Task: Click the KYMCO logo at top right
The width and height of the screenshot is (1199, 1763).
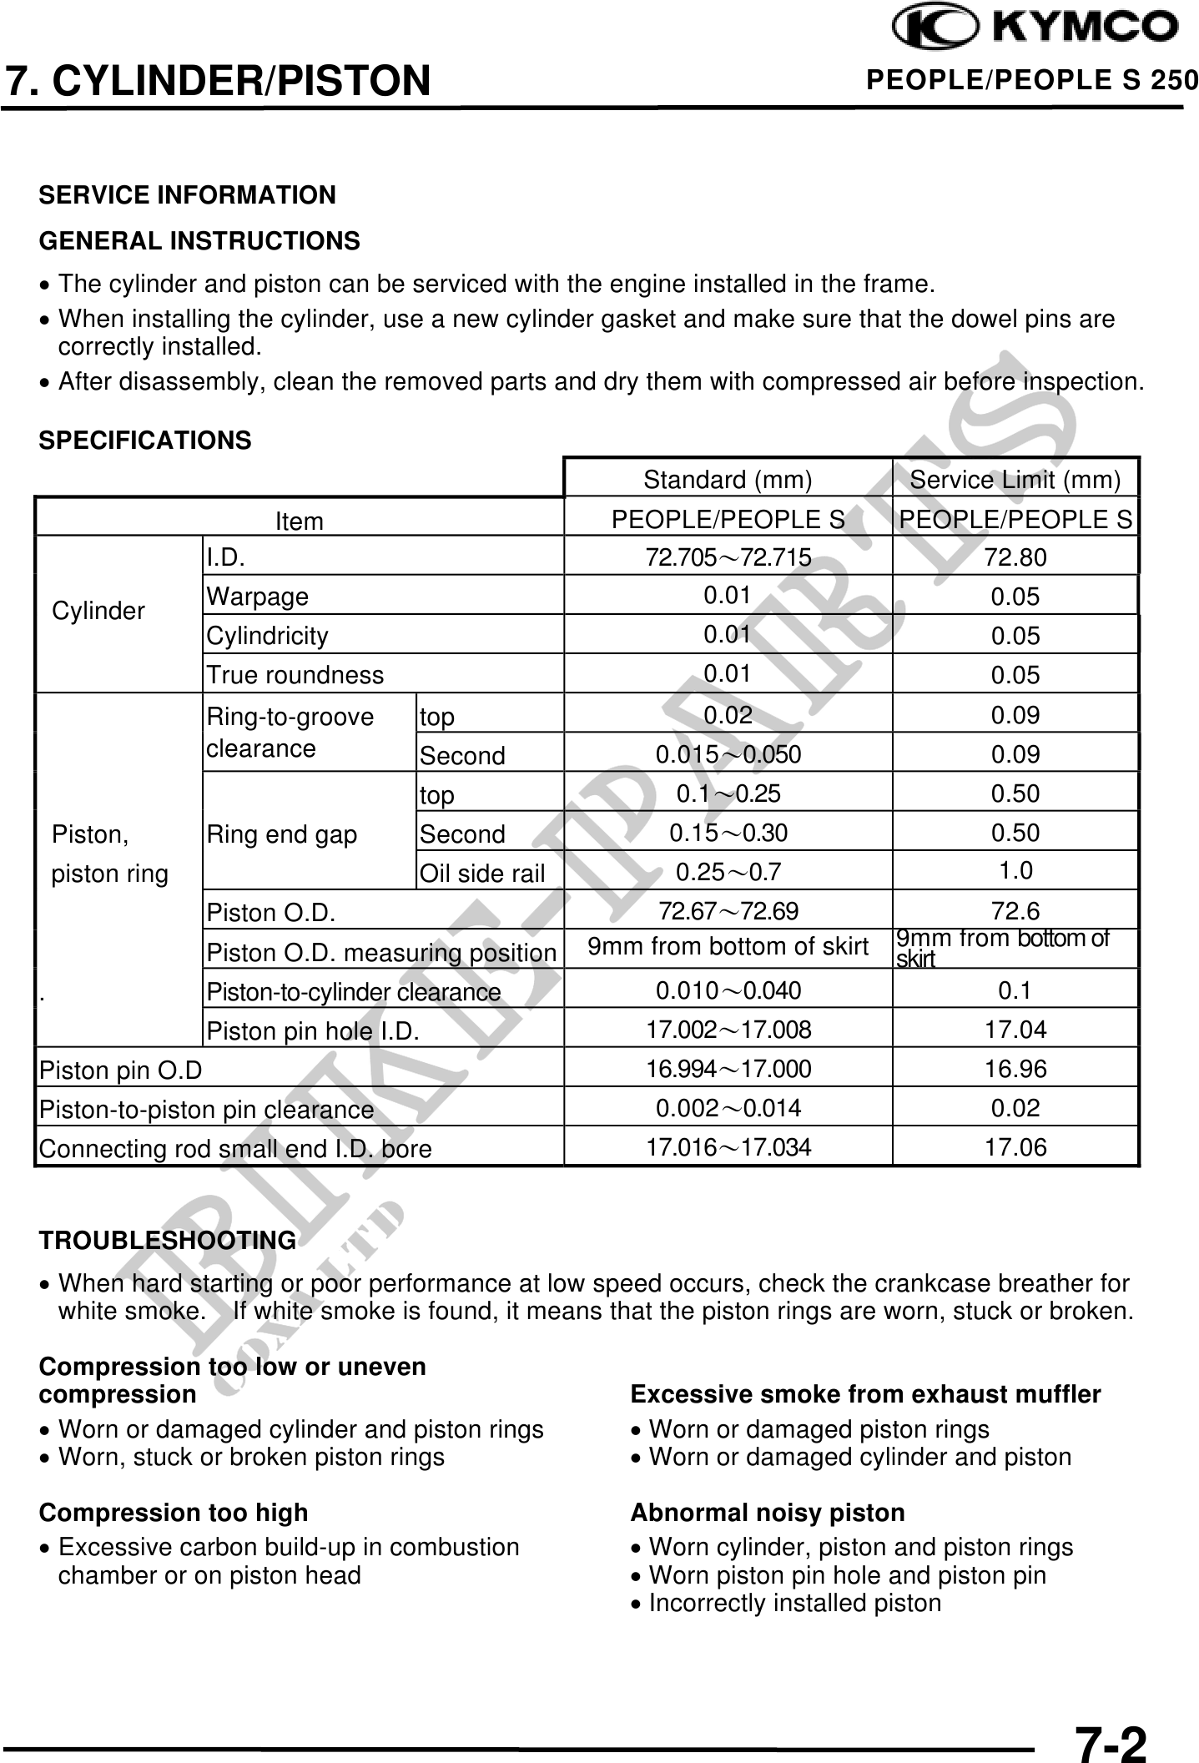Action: [x=1035, y=28]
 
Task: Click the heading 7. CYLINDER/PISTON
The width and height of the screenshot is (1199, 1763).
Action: [x=218, y=81]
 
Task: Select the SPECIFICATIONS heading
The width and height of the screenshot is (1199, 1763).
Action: [x=145, y=441]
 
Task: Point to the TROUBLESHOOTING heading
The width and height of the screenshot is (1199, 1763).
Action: [x=167, y=1241]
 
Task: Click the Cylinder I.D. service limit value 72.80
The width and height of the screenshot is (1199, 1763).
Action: [x=1015, y=557]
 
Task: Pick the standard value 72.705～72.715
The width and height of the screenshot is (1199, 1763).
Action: [x=728, y=557]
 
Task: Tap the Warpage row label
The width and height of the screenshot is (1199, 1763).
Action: [x=258, y=597]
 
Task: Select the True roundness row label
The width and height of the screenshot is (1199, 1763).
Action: [x=295, y=675]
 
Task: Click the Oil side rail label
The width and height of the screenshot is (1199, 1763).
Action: [x=482, y=874]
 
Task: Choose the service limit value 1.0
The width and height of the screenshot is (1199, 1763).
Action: [x=1015, y=871]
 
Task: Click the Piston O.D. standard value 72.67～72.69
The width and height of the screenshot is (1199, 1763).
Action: [x=728, y=911]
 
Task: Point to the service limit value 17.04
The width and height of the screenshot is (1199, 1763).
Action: [x=1015, y=1030]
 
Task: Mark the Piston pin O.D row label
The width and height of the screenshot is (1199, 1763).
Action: [x=121, y=1070]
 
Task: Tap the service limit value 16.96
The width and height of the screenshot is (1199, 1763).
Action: [x=1015, y=1069]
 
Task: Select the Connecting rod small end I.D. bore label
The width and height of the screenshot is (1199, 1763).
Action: [x=235, y=1149]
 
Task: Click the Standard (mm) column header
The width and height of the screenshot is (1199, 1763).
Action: [x=728, y=480]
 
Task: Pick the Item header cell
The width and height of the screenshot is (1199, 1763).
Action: [x=299, y=521]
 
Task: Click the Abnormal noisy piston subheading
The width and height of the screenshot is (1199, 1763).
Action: [x=768, y=1513]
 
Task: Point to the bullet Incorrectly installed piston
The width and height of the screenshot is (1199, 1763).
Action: [x=794, y=1603]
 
